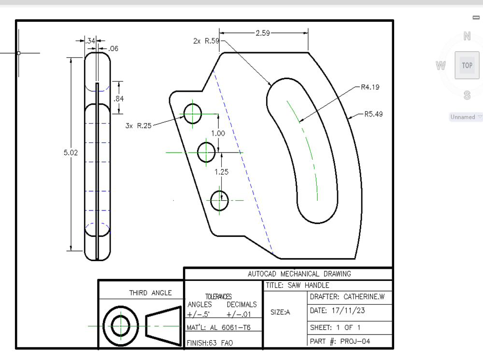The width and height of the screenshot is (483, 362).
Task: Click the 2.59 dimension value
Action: pos(263,33)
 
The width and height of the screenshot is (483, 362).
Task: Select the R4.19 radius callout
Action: pos(370,87)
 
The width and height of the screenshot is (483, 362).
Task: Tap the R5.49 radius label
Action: pos(373,114)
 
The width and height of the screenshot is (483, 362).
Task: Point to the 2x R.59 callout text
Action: pos(206,41)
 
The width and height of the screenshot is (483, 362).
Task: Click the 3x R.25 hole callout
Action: pos(138,125)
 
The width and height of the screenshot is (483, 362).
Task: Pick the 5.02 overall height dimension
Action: pos(71,153)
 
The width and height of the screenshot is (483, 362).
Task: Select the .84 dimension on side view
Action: pos(118,99)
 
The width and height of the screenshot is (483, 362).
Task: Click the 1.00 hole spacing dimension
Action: pos(218,133)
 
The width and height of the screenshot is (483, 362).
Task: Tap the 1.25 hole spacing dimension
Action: pos(221,171)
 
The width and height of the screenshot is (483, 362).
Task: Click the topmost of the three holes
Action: pos(192,114)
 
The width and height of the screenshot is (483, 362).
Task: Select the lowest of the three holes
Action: pos(220,200)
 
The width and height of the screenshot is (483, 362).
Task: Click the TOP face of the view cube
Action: pos(467,65)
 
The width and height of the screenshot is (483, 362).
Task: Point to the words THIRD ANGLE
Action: pos(150,292)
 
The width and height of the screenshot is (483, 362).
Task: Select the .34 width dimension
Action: pos(90,42)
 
